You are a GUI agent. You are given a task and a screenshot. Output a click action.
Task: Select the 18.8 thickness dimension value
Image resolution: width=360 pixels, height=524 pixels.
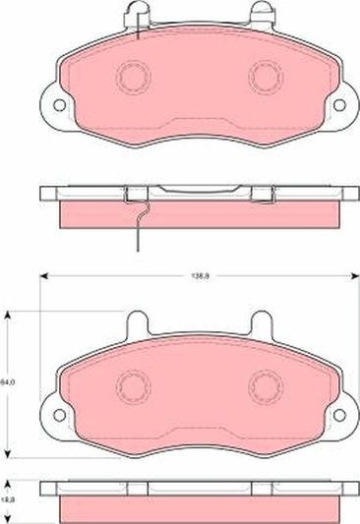pos(9,498)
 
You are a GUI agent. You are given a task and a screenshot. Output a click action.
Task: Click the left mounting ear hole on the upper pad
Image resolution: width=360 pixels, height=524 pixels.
pos(58,102)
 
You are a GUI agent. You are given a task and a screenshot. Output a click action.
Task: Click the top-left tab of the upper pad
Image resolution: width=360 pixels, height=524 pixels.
pos(135,13)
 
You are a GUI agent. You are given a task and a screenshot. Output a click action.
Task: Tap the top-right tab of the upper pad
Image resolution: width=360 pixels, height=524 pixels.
pos(262,13)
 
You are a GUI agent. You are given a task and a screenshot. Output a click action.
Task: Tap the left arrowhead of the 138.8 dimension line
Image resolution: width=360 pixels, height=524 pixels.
pos(42,275)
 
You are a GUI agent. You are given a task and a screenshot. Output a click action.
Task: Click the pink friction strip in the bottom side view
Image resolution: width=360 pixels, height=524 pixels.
pos(197,508)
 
